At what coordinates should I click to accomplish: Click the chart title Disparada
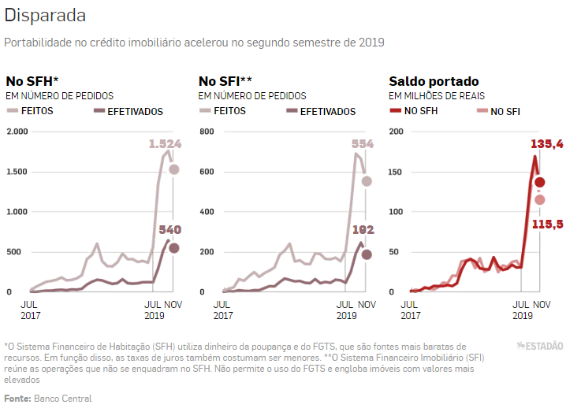point(45,16)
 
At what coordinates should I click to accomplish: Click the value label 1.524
point(165,144)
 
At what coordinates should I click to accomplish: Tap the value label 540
point(169,230)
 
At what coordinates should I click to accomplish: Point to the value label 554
point(362,144)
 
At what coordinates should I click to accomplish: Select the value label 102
point(362,230)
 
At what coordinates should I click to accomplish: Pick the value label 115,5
point(546,225)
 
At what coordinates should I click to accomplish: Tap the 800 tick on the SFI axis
point(207,131)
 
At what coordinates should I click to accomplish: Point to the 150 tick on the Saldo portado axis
point(396,172)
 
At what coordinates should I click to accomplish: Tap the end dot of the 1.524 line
point(174,169)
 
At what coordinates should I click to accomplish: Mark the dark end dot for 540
point(174,248)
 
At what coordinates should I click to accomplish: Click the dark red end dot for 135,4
point(539,183)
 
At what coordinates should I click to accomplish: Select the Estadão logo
point(540,346)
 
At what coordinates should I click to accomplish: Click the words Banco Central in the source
point(62,399)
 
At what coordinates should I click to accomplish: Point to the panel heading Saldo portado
point(434,81)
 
